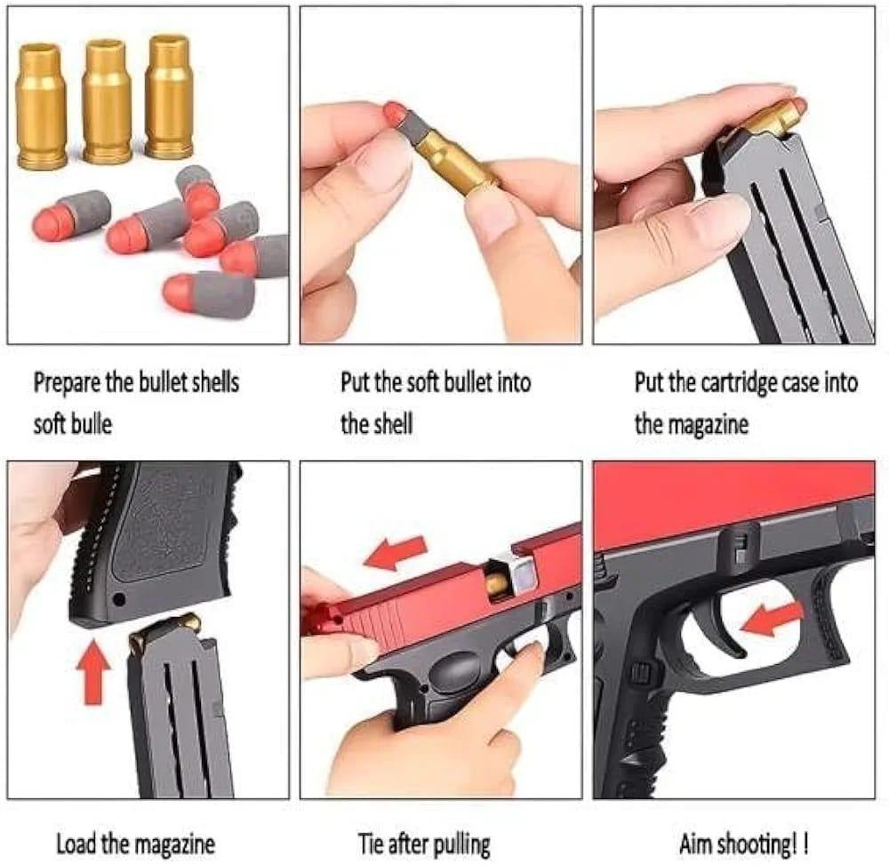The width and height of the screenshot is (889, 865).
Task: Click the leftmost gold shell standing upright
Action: [x=42, y=106]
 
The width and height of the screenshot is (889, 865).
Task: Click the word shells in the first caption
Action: [x=217, y=383]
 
